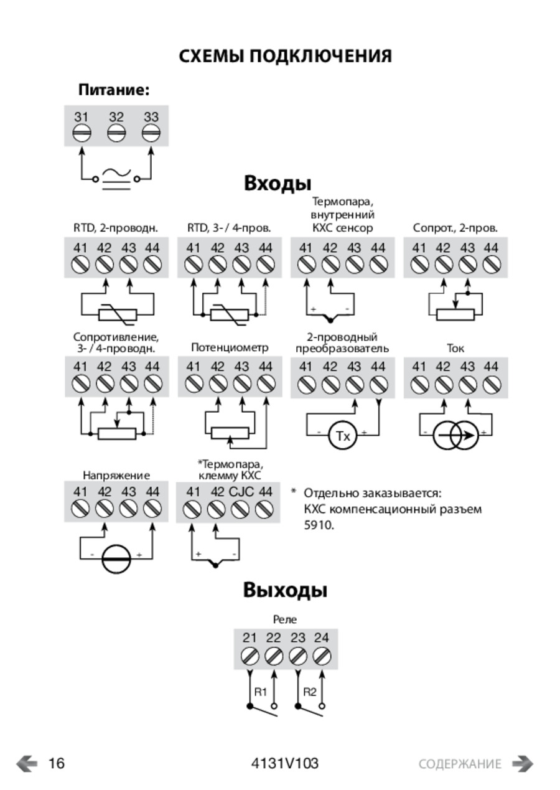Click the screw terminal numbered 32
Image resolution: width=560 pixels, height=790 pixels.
point(116,133)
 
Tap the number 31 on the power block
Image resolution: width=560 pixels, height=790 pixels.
point(82,117)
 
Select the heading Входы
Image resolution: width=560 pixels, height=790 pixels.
point(278,184)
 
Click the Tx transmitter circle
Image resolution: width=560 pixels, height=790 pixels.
point(343,436)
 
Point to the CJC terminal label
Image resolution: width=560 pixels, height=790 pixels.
point(241,492)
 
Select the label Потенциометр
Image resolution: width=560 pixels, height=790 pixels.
point(230,348)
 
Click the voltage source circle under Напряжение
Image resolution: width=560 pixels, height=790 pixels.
point(116,559)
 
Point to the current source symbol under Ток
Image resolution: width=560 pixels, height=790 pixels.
point(455,436)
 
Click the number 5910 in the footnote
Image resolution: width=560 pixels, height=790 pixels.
point(319,525)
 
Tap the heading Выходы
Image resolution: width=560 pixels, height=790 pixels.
point(285,590)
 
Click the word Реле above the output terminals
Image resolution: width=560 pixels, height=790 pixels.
point(285,619)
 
